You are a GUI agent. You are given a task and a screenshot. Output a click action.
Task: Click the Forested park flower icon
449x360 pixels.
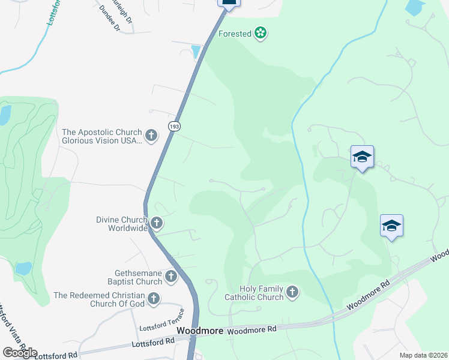pos(260,33)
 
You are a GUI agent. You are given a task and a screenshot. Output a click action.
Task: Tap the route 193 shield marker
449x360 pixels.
pos(174,127)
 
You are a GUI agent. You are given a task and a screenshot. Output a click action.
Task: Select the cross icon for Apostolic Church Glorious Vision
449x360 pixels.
pos(151,136)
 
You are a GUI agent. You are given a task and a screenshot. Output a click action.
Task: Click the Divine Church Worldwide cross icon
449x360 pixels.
pos(157,223)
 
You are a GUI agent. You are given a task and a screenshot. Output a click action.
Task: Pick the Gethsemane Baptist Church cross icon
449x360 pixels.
pos(171,277)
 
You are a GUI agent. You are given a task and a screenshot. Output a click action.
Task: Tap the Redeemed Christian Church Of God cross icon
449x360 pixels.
pos(154,298)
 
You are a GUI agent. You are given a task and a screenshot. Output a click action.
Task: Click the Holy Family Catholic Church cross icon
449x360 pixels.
pos(292,292)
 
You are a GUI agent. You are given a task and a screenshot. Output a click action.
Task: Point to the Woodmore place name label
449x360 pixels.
pos(200,331)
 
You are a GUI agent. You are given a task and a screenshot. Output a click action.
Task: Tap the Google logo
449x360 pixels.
pos(20,353)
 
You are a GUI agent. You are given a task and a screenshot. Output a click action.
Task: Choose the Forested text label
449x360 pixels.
pos(235,34)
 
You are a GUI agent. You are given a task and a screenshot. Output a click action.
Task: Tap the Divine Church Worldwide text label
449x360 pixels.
pos(122,224)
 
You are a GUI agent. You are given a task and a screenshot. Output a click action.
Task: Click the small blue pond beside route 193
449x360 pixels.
pos(196,52)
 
